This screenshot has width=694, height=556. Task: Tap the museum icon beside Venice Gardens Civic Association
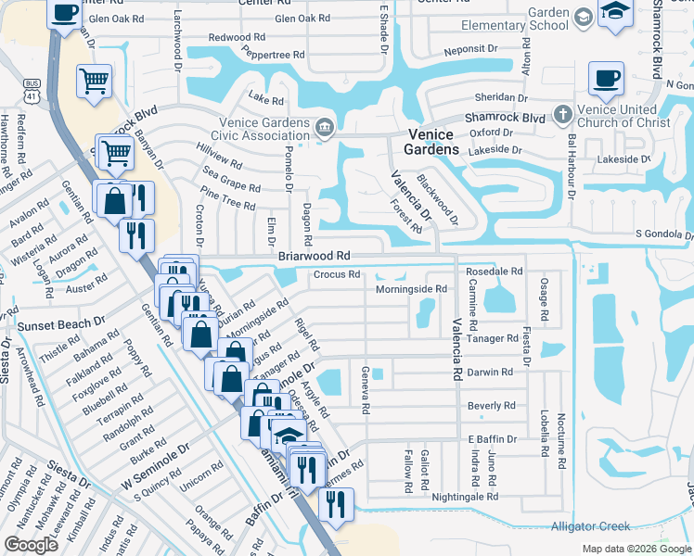coord(324,128)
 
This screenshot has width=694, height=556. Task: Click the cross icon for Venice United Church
coord(561,116)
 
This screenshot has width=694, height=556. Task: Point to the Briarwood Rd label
coord(314,255)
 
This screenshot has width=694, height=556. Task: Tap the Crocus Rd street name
coord(336,274)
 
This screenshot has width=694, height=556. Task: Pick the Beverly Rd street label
coord(492,406)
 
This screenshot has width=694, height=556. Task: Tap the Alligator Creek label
coord(591,526)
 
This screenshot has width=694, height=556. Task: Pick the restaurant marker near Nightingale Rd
coord(336,504)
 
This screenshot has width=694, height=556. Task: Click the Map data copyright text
coord(636,548)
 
